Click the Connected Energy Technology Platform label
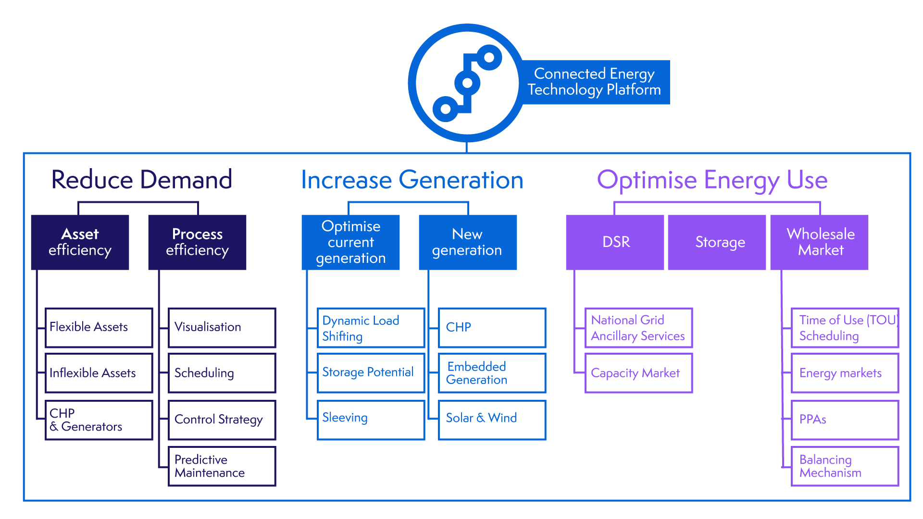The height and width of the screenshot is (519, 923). pos(594,82)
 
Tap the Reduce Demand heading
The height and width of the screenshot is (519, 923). pos(142,180)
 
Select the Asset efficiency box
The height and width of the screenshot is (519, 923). pos(80,242)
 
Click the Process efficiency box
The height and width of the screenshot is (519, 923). pos(197,242)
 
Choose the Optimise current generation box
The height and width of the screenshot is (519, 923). pos(350,242)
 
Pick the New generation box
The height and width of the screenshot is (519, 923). pos(467,242)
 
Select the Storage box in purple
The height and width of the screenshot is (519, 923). pos(717,242)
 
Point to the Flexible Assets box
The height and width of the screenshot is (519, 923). pos(99,328)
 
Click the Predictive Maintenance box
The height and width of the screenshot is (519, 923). pos(222,466)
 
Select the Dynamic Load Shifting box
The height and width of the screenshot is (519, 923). pos(371,328)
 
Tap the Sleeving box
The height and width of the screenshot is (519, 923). pos(371,420)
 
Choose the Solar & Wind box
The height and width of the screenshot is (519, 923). pos(492,420)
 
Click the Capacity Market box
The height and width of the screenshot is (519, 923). pos(638,373)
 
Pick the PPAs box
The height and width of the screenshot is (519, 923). pos(845,420)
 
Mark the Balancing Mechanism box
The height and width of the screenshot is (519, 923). pos(845,466)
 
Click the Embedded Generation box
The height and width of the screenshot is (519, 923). pos(492,373)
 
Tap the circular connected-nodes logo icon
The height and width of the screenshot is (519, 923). pos(466,83)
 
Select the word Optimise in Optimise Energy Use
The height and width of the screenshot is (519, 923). pos(647,180)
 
